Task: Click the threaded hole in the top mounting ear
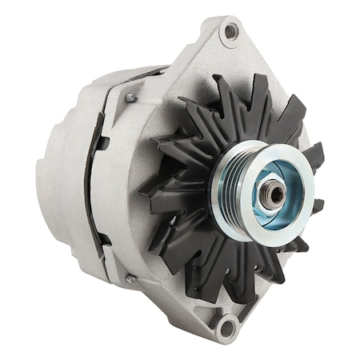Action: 231,31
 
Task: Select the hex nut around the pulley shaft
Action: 272,194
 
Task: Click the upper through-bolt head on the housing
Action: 130,98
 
